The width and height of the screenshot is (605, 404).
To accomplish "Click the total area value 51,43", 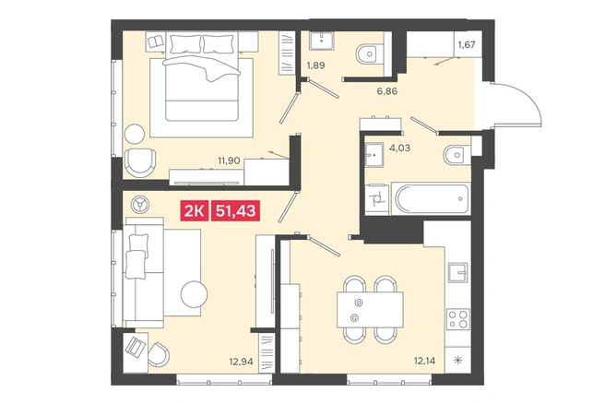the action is pos(236,211).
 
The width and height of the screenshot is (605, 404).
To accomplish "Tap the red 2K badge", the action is pos(194,211).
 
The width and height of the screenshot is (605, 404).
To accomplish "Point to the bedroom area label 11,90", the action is pos(230,160).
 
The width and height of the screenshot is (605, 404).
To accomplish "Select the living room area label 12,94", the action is pos(241,362).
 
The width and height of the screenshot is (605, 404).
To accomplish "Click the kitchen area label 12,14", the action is pos(425,362).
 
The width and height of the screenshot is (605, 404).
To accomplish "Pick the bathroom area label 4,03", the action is pos(399,148).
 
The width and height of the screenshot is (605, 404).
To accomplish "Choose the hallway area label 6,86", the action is pos(387,91).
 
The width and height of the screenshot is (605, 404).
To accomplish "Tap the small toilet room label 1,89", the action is pos(316,65).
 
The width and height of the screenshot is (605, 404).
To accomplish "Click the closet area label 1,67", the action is pos(467,45).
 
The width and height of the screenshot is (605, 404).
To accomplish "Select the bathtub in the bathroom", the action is pos(431,198).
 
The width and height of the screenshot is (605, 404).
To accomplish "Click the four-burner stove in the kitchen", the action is pos(458,319).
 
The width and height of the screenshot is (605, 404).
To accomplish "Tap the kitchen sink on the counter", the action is pos(458,273).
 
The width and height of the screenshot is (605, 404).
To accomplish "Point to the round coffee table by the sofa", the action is pos(194,294).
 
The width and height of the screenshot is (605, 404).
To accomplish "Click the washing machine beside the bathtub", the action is pos(376,199).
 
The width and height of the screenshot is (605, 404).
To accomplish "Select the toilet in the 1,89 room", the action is pos(370,54).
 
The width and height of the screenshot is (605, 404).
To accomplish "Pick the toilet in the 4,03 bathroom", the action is pos(457,155).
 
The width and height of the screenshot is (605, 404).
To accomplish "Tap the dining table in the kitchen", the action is pos(370,310).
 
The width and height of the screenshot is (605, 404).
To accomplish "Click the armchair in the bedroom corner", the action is pos(140,162).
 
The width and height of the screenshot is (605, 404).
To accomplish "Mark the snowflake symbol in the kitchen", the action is pos(458,362).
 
